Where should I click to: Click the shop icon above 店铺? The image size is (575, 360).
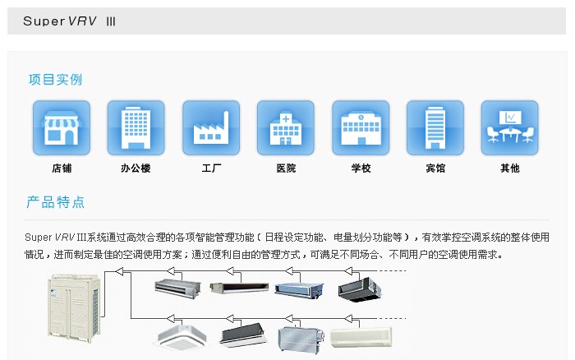pyautogui.click(x=62, y=127)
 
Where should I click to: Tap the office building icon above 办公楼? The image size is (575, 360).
pyautogui.click(x=136, y=127)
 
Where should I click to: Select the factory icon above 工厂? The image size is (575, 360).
pyautogui.click(x=211, y=127)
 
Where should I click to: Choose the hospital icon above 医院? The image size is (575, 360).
pyautogui.click(x=286, y=127)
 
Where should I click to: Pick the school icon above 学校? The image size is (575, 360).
pyautogui.click(x=361, y=127)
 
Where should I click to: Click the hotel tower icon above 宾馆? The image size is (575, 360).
pyautogui.click(x=435, y=127)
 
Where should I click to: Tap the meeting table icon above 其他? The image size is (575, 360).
pyautogui.click(x=510, y=127)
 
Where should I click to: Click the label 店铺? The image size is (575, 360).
pyautogui.click(x=62, y=168)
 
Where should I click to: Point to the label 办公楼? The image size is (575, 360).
pyautogui.click(x=136, y=168)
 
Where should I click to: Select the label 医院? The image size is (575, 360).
pyautogui.click(x=286, y=168)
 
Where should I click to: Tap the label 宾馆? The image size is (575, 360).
pyautogui.click(x=435, y=168)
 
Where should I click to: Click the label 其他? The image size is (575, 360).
pyautogui.click(x=510, y=168)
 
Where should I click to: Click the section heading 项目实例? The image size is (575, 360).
pyautogui.click(x=55, y=80)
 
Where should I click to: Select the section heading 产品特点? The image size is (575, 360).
pyautogui.click(x=55, y=202)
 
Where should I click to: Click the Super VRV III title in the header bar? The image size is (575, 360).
pyautogui.click(x=69, y=21)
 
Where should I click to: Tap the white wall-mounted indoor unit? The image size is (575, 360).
pyautogui.click(x=361, y=335)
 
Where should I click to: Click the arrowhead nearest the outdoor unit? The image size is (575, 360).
pyautogui.click(x=119, y=271)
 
